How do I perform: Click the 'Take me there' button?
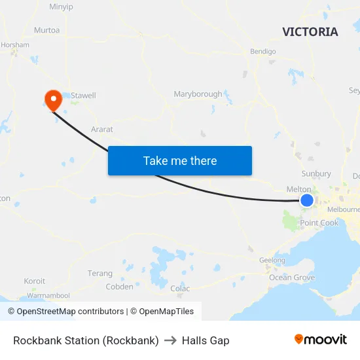(179, 160)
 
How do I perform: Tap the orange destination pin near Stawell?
(52, 99)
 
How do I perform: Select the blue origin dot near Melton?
(306, 200)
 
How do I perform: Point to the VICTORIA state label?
(310, 32)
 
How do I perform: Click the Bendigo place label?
(263, 51)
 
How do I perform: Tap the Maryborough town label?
(198, 94)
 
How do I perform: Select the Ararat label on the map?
(102, 130)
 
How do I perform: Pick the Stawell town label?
(83, 96)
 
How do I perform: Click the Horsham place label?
(15, 45)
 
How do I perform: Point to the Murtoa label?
(46, 30)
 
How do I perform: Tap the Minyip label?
(62, 7)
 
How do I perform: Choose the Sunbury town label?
(316, 174)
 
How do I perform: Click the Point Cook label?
(319, 223)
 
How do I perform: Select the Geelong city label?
(272, 261)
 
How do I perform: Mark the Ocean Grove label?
(292, 278)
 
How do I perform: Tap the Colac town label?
(180, 289)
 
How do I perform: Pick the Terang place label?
(99, 274)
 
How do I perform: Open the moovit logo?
(320, 339)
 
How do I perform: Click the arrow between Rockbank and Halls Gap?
(170, 340)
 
